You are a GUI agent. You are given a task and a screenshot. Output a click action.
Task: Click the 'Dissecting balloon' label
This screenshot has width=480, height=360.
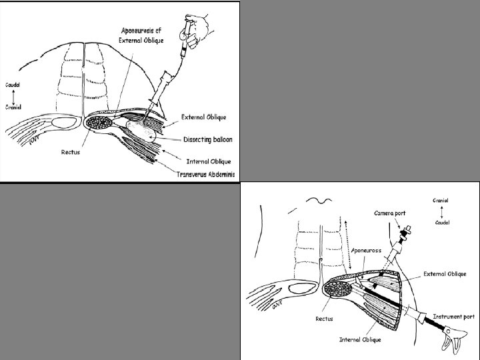point(208,139)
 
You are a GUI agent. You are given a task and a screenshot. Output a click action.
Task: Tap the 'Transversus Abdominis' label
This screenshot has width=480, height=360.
point(206,174)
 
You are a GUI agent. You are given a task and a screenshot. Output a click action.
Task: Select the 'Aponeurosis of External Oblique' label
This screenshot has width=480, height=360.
point(141,35)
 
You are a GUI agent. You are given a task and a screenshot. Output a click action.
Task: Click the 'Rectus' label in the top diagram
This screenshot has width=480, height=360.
point(71,152)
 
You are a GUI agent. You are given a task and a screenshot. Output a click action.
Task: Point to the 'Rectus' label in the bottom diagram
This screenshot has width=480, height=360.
point(324,319)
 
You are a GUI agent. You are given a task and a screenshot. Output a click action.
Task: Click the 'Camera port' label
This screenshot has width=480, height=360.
point(390,213)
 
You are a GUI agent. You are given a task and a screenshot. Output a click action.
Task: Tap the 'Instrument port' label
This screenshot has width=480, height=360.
point(454,317)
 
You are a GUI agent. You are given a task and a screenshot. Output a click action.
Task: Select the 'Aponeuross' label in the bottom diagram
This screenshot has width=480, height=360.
point(367,251)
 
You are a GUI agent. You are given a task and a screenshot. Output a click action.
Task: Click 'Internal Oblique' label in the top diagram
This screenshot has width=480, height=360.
point(209,161)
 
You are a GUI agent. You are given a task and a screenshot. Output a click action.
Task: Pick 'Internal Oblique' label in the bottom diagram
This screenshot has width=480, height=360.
point(360,339)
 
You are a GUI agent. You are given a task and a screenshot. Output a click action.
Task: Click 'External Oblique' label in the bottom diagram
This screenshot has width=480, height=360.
point(445,274)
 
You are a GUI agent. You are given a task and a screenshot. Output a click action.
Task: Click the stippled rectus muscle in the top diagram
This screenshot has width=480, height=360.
point(99,123)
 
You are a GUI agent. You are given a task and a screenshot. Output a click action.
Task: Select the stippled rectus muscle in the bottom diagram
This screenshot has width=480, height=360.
point(338,289)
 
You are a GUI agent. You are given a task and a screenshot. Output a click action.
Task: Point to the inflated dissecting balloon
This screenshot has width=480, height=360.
point(141,131)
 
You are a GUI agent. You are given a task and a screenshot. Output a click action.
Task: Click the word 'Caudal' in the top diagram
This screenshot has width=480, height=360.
point(13,85)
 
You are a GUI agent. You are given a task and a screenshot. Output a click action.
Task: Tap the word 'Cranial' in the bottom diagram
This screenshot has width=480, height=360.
point(441,201)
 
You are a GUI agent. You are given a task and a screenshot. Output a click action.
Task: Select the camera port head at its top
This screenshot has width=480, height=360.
point(406,232)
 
